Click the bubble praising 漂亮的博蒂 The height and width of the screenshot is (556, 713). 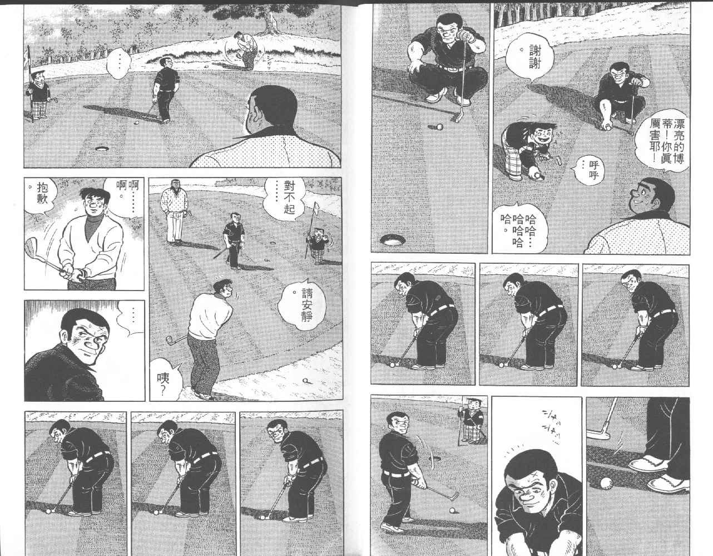coord(664,141)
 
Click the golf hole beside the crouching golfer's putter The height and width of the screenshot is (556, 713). coord(393,240)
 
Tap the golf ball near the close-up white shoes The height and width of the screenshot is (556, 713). coord(606,483)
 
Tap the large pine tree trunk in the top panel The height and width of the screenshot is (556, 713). coord(270,23)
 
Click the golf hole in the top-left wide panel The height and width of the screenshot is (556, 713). coord(102,149)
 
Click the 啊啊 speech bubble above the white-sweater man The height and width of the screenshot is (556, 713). coord(127,195)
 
